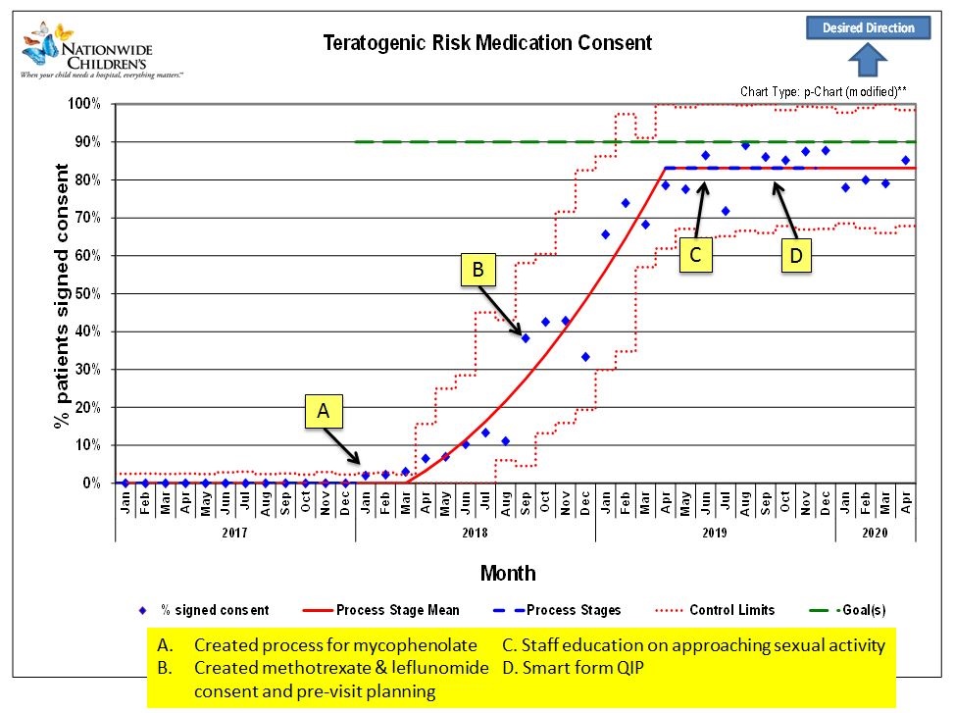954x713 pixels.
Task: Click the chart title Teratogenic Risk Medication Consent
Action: [487, 43]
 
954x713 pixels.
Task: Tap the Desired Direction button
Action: [868, 27]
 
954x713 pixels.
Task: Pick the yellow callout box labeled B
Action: [478, 271]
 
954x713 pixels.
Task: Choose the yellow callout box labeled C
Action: [694, 255]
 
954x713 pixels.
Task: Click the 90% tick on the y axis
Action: [84, 142]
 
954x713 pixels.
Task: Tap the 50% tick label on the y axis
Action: [84, 294]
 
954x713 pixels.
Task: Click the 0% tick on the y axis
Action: [88, 484]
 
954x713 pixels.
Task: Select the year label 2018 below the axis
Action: [475, 532]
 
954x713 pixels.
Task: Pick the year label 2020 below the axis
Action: [875, 532]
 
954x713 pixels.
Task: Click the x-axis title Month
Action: [508, 573]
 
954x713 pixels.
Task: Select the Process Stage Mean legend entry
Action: [387, 610]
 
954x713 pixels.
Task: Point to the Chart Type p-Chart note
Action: [823, 91]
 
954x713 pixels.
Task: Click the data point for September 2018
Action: [525, 337]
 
